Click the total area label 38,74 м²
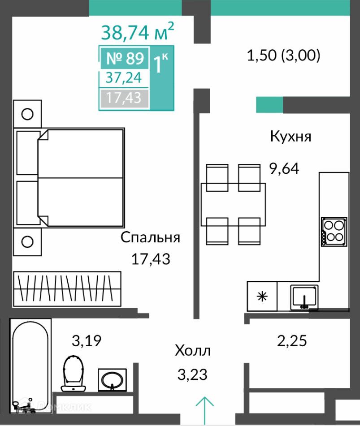click(137, 31)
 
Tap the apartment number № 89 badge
click(125, 58)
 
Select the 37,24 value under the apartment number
click(124, 77)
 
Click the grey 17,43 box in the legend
click(124, 98)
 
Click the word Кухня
click(291, 136)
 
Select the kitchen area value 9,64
click(284, 168)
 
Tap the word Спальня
click(150, 237)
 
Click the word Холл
click(192, 350)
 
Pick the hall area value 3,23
click(192, 374)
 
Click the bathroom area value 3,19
click(87, 341)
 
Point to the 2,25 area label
click(292, 341)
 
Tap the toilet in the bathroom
click(73, 373)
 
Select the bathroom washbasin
click(112, 380)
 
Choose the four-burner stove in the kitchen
click(334, 232)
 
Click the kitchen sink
click(304, 297)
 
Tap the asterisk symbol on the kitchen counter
click(262, 296)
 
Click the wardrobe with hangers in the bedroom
click(67, 289)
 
